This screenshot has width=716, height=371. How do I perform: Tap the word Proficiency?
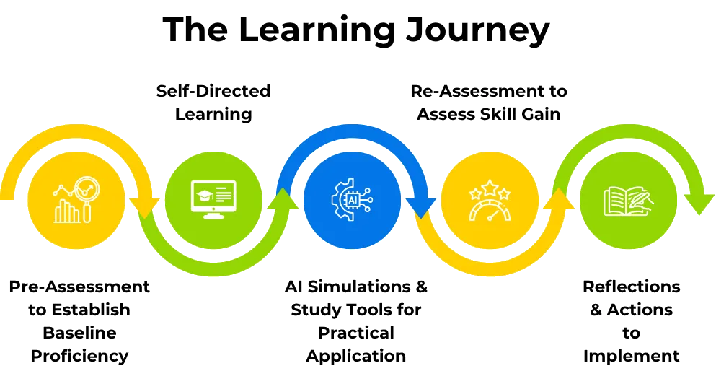[x=79, y=356]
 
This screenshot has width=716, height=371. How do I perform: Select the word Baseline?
[x=79, y=333]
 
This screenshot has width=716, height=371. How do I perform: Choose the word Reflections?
[x=631, y=287]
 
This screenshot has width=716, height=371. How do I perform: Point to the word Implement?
[x=631, y=356]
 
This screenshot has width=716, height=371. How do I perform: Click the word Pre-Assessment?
[x=79, y=287]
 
